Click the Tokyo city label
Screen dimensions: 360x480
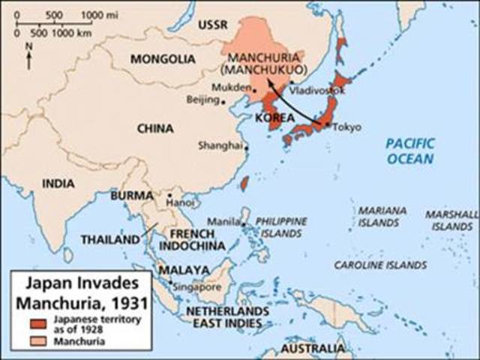tap(346, 126)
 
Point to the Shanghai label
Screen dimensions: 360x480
tap(220, 146)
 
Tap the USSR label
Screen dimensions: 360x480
tap(212, 26)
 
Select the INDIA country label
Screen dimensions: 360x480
tap(58, 183)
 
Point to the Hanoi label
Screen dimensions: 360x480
tap(180, 202)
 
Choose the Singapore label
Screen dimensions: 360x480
tap(196, 286)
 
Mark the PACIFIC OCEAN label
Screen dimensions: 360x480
tap(410, 151)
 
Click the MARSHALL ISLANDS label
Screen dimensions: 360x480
tap(450, 220)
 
